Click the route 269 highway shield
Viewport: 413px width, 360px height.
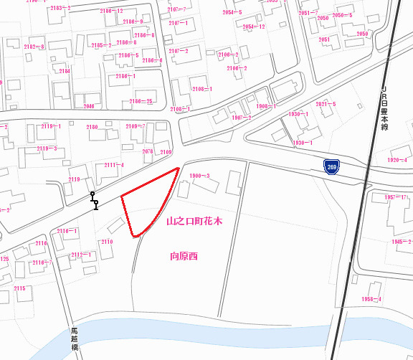(x=331, y=166)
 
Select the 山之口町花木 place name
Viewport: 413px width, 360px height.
(x=194, y=222)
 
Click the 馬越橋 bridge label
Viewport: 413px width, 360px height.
(x=74, y=338)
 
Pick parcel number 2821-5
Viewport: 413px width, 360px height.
(x=326, y=104)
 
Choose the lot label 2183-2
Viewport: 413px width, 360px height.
(x=57, y=7)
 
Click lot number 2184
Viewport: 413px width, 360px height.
(x=65, y=71)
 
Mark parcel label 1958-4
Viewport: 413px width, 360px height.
(x=371, y=298)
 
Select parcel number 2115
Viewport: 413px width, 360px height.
(x=19, y=288)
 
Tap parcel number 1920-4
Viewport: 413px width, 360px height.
(x=397, y=160)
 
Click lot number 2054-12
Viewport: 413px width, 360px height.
(x=254, y=27)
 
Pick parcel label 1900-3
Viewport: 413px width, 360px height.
(x=199, y=176)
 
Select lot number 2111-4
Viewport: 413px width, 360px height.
(x=113, y=166)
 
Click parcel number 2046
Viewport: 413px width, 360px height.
(x=89, y=106)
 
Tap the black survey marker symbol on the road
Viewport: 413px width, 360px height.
(x=94, y=200)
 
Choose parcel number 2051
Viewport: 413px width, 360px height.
(x=324, y=39)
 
